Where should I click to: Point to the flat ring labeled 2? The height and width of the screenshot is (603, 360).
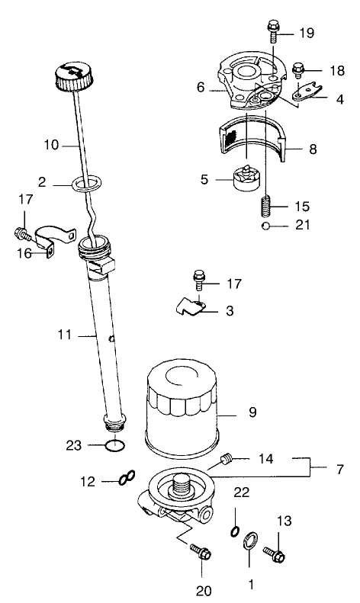point(87,183)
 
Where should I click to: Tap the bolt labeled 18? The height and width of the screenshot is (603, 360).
point(299,71)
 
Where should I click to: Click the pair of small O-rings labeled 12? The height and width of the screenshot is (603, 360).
point(127,480)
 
